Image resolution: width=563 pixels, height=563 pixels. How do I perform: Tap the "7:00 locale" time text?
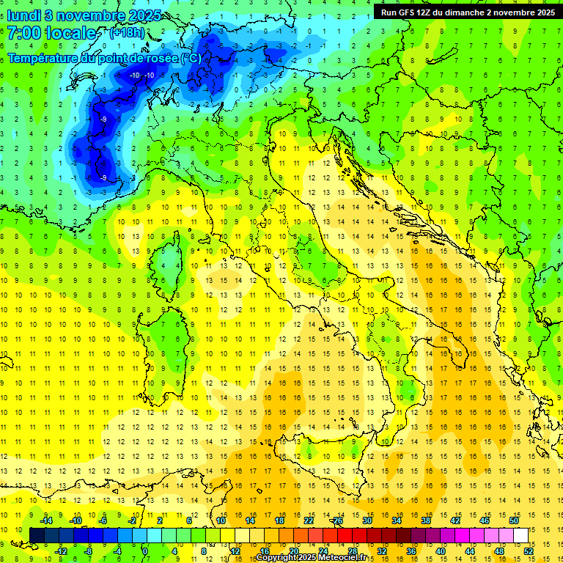(x=51, y=34)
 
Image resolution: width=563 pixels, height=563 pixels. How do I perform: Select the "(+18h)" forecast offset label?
(x=127, y=33)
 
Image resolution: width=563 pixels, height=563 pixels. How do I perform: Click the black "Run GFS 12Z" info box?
(x=468, y=12)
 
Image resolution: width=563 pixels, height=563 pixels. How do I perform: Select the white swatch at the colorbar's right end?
(x=520, y=535)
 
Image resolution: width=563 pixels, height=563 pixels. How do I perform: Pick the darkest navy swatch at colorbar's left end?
(x=37, y=535)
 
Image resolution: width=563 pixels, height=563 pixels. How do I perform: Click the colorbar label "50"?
(x=513, y=520)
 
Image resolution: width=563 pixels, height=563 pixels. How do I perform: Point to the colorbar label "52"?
(x=528, y=551)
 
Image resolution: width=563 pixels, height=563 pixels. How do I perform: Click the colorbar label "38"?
(x=425, y=520)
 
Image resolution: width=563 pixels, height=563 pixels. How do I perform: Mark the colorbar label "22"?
(x=309, y=520)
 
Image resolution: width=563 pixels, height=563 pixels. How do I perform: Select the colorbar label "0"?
(x=146, y=551)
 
